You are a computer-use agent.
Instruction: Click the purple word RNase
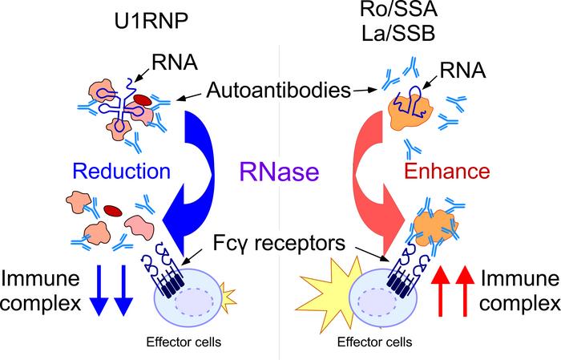(x=279, y=171)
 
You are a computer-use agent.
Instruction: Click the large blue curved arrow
(x=199, y=168)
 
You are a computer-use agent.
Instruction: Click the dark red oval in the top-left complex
(x=140, y=99)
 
